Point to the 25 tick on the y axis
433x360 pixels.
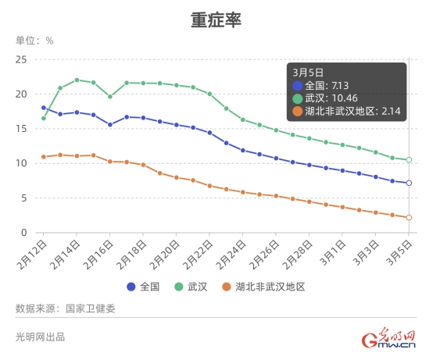tap(21, 59)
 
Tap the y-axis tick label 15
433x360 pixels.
tap(21, 129)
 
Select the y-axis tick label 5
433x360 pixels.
tap(24, 198)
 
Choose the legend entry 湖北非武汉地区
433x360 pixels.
tap(262, 287)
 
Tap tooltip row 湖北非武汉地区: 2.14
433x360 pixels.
tap(344, 112)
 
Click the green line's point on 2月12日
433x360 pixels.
tap(44, 118)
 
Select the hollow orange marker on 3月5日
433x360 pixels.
tap(408, 217)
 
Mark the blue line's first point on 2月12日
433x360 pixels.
tap(44, 108)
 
